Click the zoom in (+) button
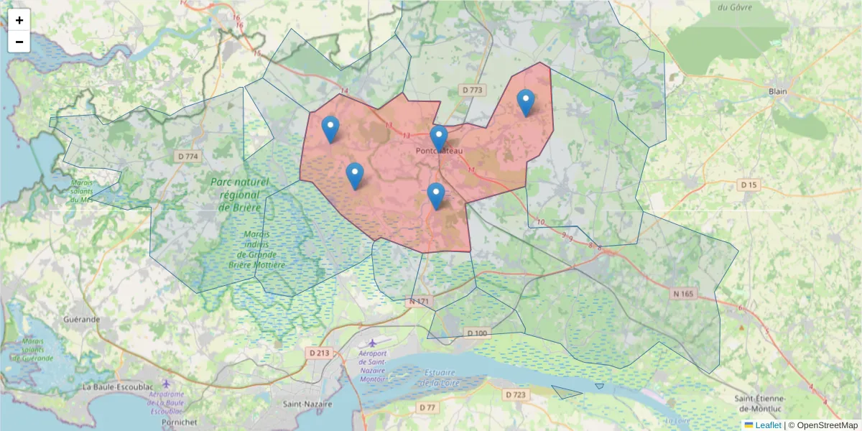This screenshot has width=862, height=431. (19, 20)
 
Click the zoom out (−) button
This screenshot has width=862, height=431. (19, 42)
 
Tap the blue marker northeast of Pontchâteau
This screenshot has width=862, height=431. (526, 103)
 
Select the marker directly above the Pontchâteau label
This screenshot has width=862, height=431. (439, 138)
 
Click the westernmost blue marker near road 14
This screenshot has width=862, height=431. (330, 129)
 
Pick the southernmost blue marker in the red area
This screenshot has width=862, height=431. (436, 196)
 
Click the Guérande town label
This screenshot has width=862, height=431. (81, 318)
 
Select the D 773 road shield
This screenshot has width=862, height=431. (472, 90)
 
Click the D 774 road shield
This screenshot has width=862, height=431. (186, 156)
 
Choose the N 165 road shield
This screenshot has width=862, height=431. (685, 294)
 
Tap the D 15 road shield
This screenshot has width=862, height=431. (749, 185)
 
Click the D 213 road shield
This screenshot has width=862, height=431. (319, 353)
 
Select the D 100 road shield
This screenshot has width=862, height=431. (477, 333)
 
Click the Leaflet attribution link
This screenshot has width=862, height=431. (767, 425)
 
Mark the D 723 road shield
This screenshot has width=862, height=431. (516, 394)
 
